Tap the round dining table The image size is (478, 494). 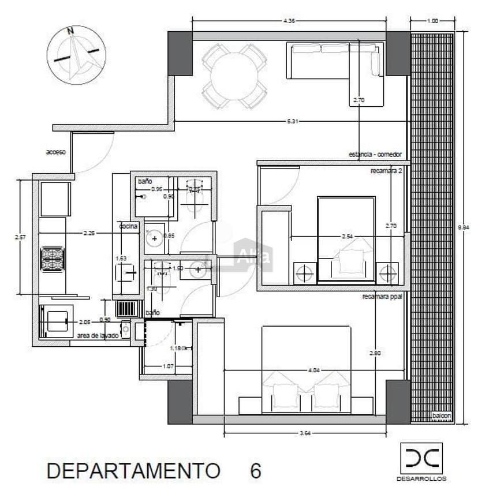(234, 76)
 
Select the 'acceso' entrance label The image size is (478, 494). (56, 152)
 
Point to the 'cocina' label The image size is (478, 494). (129, 227)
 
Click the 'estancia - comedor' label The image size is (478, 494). (375, 155)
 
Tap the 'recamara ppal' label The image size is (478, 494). (382, 297)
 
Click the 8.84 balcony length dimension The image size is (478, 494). (464, 227)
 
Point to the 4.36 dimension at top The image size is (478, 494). (289, 21)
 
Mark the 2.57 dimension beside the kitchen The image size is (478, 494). (21, 237)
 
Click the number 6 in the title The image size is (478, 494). (255, 470)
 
